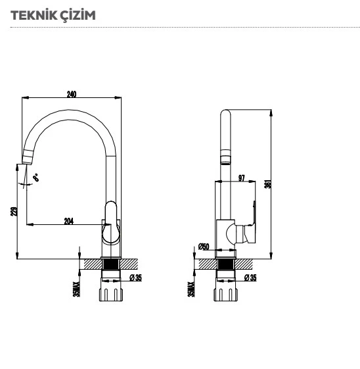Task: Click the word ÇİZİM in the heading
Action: pos(78,16)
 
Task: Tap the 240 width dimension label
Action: pos(72,94)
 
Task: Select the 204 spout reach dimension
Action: pos(68,221)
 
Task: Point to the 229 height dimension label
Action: pos(14,211)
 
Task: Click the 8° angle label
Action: pos(36,177)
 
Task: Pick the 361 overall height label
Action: pos(268,184)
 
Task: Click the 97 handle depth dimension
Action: pos(242,178)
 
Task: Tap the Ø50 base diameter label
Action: pos(204,247)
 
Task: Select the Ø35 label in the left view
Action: pos(136,278)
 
